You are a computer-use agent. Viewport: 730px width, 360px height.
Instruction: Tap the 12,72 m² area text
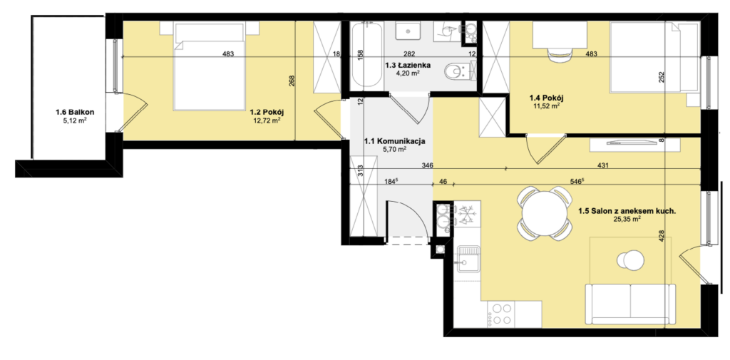point(267,120)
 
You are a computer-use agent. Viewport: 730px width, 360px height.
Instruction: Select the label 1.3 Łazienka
point(408,65)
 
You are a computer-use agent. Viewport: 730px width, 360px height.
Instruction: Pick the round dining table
point(544,213)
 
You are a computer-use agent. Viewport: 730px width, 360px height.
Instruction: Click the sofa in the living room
point(630,304)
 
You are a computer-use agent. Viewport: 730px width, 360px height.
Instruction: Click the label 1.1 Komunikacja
point(394,141)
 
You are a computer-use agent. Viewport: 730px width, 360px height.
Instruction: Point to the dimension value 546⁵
point(576,182)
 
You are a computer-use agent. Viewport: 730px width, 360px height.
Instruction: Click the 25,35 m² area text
point(627,218)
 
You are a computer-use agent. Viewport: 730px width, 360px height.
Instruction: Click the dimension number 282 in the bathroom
point(409,54)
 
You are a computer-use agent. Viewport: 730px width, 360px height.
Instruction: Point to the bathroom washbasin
point(408,30)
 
